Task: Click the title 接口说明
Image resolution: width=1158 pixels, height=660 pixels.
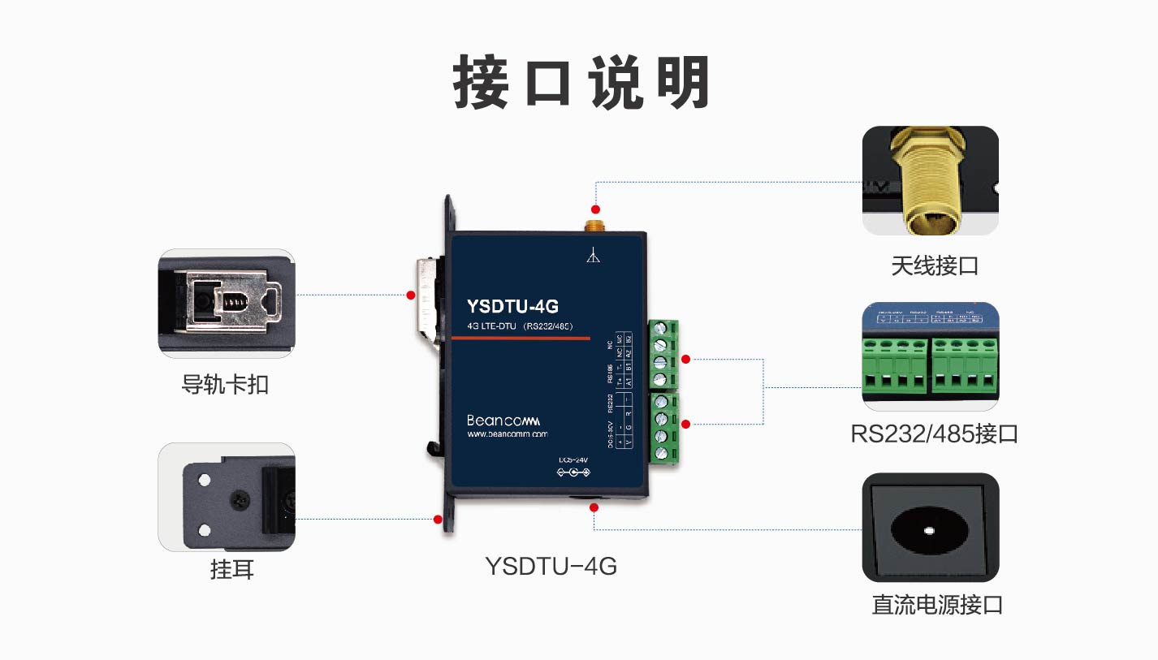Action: pyautogui.click(x=580, y=83)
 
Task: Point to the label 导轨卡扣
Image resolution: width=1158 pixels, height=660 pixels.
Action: pyautogui.click(x=225, y=383)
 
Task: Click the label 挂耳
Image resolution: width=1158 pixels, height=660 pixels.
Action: pyautogui.click(x=232, y=570)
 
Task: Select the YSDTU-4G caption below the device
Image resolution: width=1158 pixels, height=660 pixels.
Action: pyautogui.click(x=551, y=566)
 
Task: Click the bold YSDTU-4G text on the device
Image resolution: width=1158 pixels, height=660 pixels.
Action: pyautogui.click(x=512, y=306)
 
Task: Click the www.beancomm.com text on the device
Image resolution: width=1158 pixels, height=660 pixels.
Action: pyautogui.click(x=508, y=434)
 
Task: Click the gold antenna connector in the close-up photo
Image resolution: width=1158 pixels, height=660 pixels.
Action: pyautogui.click(x=930, y=183)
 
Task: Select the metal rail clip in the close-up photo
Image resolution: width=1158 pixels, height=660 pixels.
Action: pyautogui.click(x=230, y=303)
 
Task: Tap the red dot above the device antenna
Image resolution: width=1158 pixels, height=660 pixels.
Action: pyautogui.click(x=595, y=209)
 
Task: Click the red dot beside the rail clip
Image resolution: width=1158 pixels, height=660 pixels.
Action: pyautogui.click(x=411, y=295)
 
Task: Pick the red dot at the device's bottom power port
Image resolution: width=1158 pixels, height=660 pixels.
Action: pyautogui.click(x=594, y=507)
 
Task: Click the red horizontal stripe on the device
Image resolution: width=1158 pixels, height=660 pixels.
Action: pyautogui.click(x=521, y=339)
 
